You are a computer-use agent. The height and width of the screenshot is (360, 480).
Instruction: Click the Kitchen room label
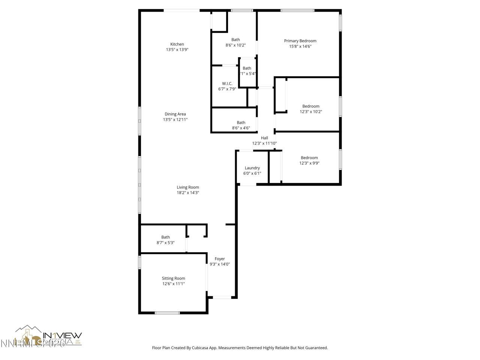pyautogui.click(x=177, y=44)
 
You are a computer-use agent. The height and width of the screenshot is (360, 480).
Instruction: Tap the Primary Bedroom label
pyautogui.click(x=300, y=41)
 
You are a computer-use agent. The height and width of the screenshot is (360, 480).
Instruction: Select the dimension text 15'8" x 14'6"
pyautogui.click(x=300, y=46)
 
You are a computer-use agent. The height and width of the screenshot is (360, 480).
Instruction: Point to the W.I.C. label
pyautogui.click(x=227, y=84)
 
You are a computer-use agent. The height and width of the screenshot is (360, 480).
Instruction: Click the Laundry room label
pyautogui.click(x=252, y=168)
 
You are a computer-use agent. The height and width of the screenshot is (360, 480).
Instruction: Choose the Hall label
pyautogui.click(x=264, y=138)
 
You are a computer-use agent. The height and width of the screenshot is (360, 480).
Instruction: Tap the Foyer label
pyautogui.click(x=220, y=259)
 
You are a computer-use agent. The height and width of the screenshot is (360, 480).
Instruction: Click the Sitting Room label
pyautogui.click(x=173, y=278)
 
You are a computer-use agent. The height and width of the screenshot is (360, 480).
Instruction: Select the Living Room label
pyautogui.click(x=188, y=187)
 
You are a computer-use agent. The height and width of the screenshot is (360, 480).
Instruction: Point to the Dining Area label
pyautogui.click(x=175, y=114)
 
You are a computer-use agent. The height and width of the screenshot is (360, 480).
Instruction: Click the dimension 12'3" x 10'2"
pyautogui.click(x=311, y=112)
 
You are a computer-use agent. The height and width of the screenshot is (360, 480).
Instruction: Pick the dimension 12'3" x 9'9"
pyautogui.click(x=309, y=163)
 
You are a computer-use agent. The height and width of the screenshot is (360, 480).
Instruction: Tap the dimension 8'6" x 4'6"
pyautogui.click(x=241, y=128)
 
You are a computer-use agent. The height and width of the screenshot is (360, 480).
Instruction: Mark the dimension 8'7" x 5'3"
pyautogui.click(x=165, y=243)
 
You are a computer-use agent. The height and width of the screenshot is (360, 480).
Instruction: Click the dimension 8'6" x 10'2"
pyautogui.click(x=235, y=45)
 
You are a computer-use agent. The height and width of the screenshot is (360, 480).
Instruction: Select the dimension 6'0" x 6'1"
pyautogui.click(x=252, y=173)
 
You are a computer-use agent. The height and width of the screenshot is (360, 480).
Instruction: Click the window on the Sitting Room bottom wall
pyautogui.click(x=167, y=312)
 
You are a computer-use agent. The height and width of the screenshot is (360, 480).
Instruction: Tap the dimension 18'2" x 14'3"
pyautogui.click(x=188, y=193)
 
